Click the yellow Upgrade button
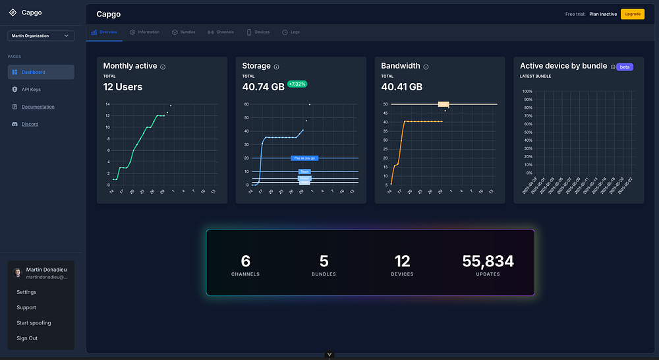pyautogui.click(x=632, y=14)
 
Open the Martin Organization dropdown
pyautogui.click(x=41, y=36)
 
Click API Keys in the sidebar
pyautogui.click(x=31, y=89)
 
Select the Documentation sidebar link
pyautogui.click(x=38, y=107)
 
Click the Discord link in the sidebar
pyautogui.click(x=30, y=124)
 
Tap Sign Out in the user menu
pyautogui.click(x=27, y=338)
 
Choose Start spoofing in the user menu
pyautogui.click(x=34, y=323)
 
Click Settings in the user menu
pyautogui.click(x=26, y=292)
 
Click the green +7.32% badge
pyautogui.click(x=297, y=84)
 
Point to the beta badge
pyautogui.click(x=624, y=67)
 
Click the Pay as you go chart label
pyautogui.click(x=304, y=158)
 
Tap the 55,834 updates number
pyautogui.click(x=488, y=262)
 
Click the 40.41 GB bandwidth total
pyautogui.click(x=401, y=87)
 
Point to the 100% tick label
pyautogui.click(x=527, y=92)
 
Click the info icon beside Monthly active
pyautogui.click(x=163, y=67)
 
